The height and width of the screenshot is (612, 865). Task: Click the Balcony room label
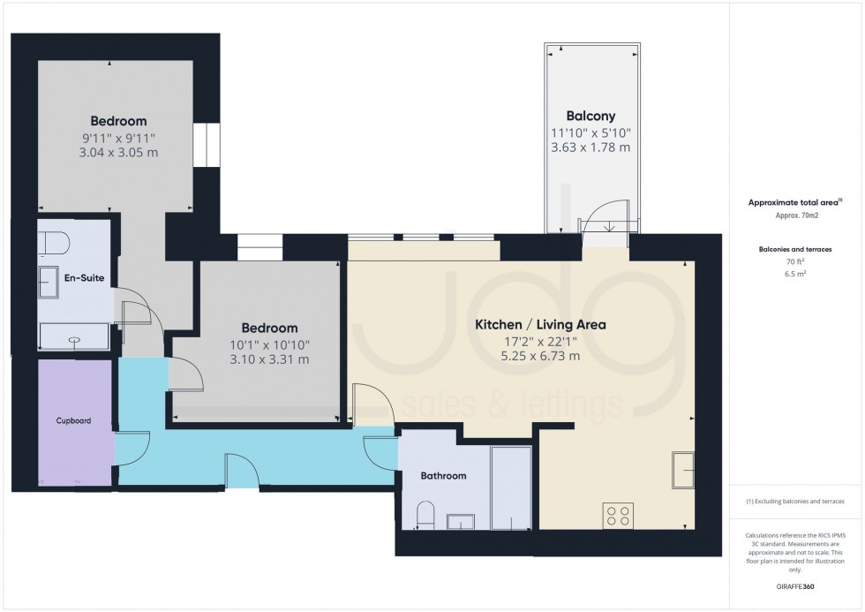point(590,116)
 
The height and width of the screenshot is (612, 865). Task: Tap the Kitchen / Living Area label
point(540,325)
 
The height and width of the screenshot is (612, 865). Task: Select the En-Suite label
point(85,278)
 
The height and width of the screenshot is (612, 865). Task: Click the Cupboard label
point(75,421)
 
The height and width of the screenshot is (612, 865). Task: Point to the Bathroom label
point(443,476)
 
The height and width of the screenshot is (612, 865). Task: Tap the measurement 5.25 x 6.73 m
point(540,356)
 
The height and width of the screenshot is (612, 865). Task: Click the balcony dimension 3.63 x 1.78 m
point(590,147)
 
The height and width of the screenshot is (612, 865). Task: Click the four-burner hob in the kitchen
point(618,515)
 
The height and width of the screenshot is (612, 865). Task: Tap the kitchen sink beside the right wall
point(685,469)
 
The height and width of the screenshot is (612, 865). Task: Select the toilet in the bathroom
point(425,514)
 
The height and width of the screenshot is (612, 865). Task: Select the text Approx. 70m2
point(797,215)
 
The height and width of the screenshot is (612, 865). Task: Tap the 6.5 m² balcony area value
point(797,274)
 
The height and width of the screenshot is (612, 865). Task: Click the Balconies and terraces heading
point(797,248)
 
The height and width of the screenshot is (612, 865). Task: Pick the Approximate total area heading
point(796,202)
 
